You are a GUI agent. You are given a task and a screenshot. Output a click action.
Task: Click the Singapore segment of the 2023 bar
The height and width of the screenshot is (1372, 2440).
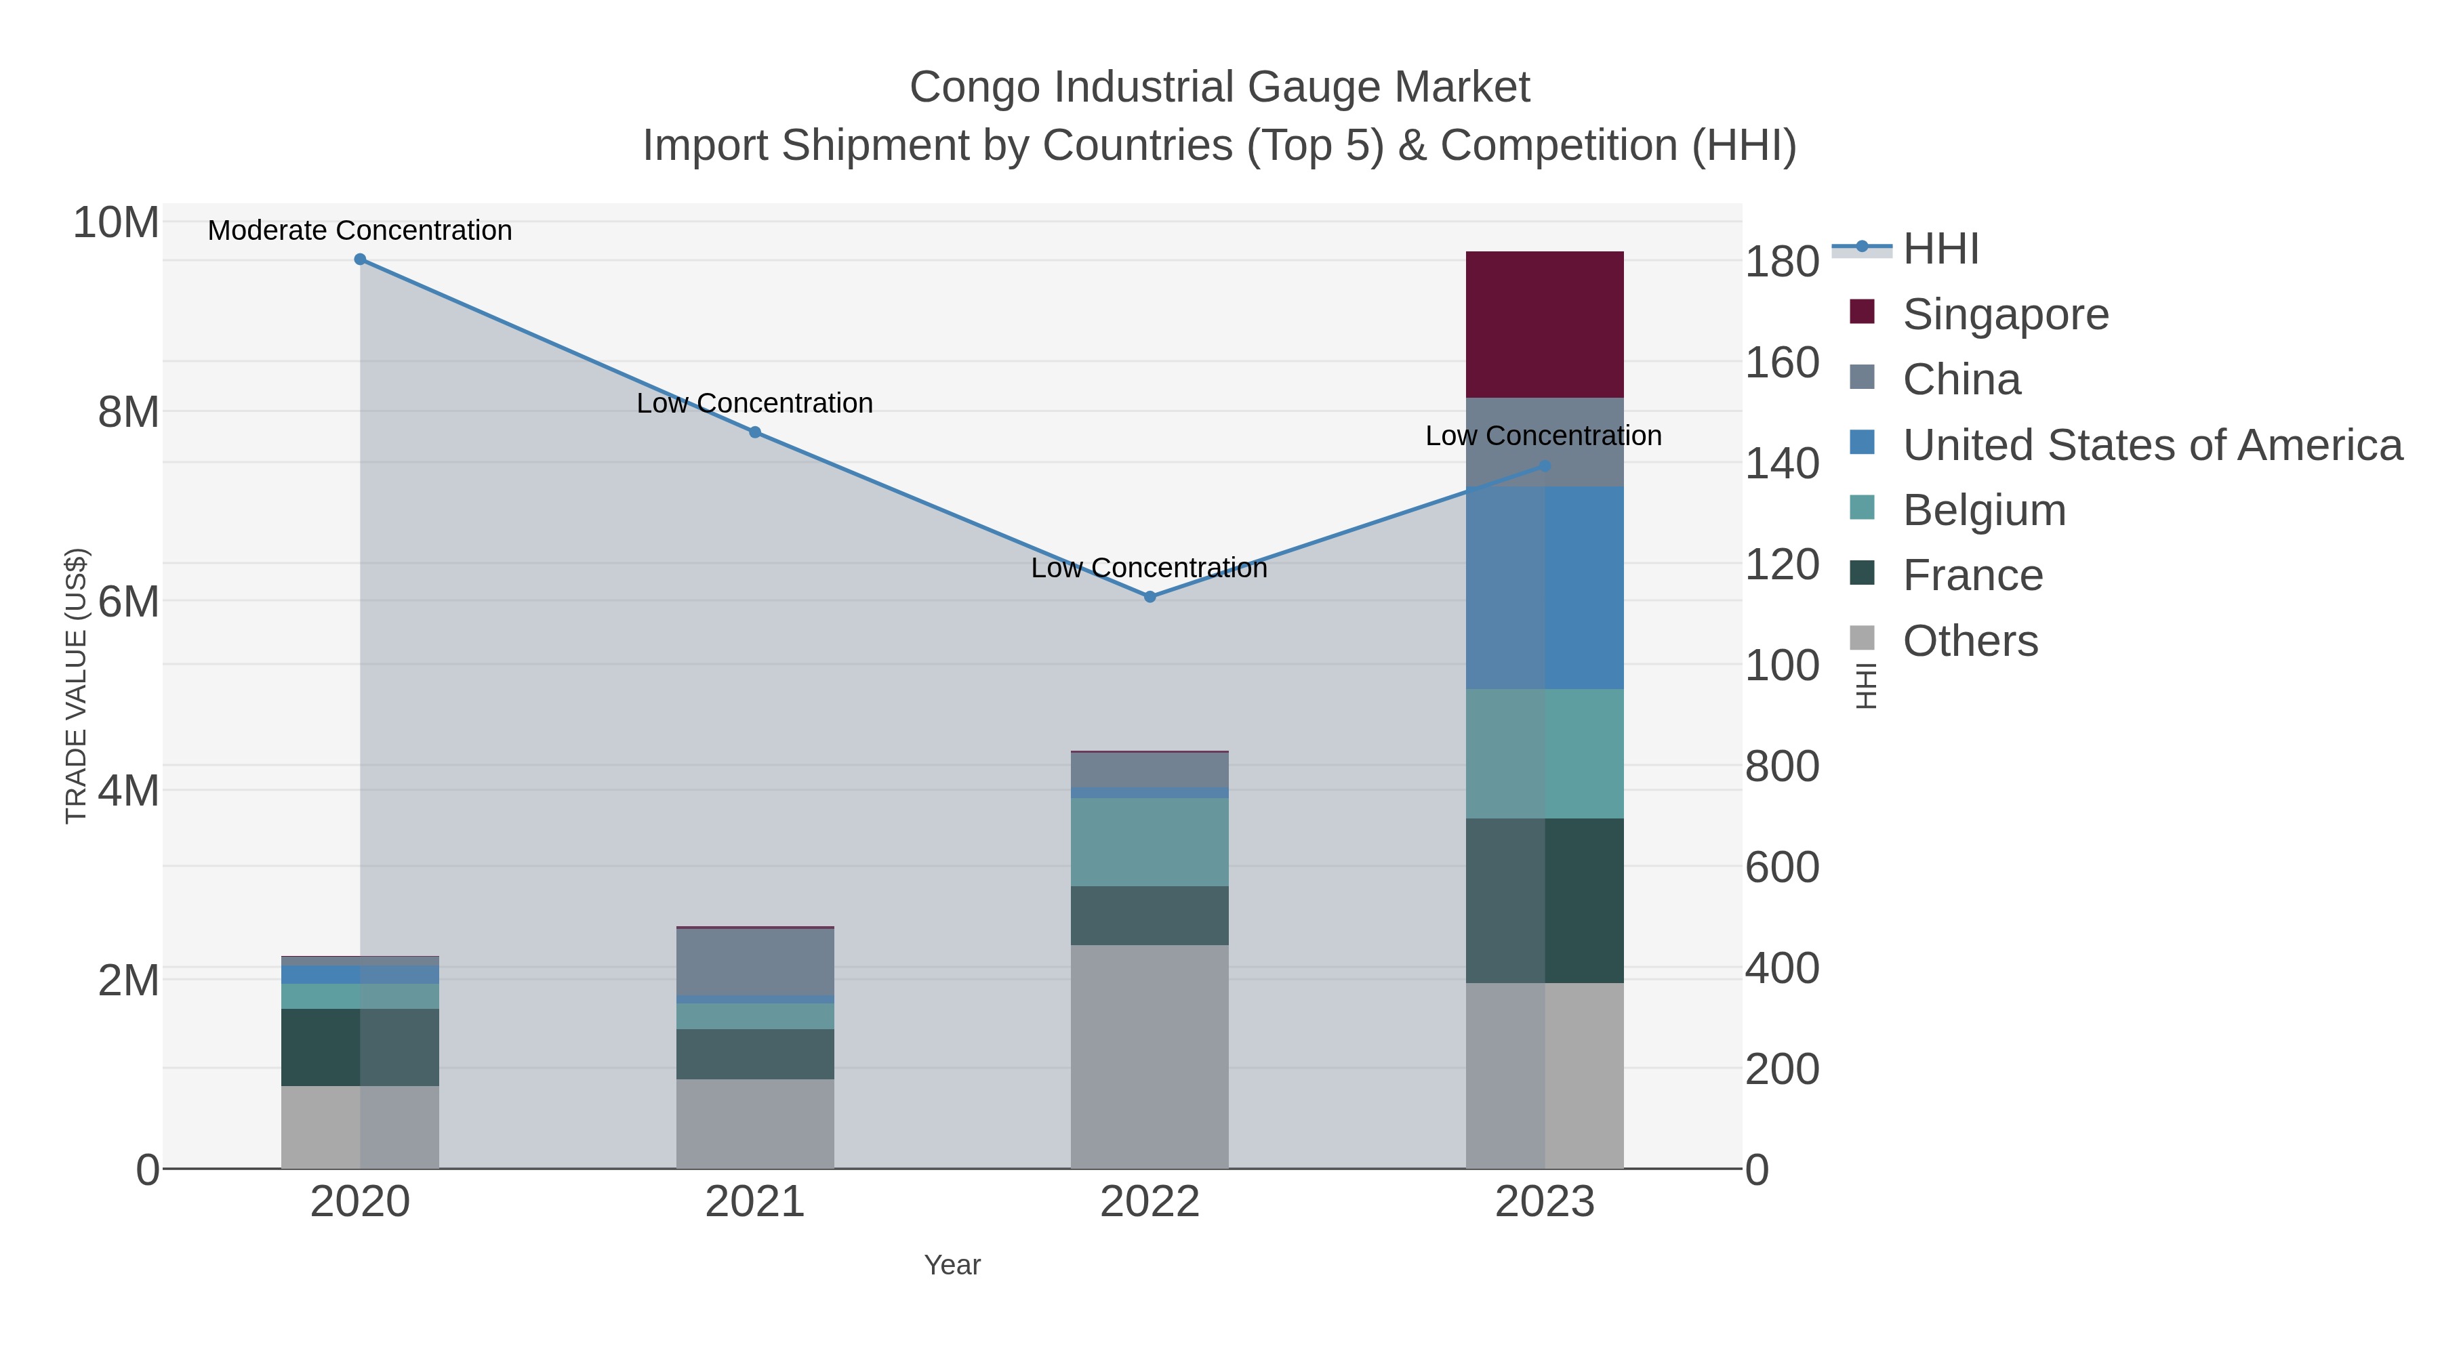tap(1544, 324)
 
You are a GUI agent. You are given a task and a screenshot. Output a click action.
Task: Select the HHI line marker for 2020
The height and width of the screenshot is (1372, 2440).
tap(360, 259)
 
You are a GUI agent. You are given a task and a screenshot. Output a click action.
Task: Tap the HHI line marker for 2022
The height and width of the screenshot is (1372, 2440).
tap(1150, 596)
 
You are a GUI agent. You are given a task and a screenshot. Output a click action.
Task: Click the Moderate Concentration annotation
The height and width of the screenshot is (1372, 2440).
tap(360, 231)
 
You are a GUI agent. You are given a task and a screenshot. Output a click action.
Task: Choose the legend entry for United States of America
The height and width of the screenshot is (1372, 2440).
tap(2152, 445)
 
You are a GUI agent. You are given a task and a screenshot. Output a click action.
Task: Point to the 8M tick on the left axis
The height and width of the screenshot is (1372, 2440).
tap(128, 413)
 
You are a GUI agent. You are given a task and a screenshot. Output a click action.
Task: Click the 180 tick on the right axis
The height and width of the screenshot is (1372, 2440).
tap(1782, 262)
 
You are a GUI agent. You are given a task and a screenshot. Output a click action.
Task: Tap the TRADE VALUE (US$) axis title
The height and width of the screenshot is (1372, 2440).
tap(76, 686)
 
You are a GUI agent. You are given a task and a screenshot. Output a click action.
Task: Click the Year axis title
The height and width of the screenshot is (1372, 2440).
tap(952, 1265)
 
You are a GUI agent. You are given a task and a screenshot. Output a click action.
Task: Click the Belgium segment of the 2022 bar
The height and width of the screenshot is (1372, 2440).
tap(1150, 841)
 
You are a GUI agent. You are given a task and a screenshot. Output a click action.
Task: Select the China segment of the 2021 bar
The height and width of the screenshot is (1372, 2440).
tap(755, 961)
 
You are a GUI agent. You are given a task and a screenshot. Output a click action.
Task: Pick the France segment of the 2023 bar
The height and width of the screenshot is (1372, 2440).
tap(1544, 900)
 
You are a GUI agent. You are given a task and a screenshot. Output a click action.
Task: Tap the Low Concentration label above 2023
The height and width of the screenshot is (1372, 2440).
tap(1543, 436)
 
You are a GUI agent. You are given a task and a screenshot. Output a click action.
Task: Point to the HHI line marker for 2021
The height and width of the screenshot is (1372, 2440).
tap(755, 432)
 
